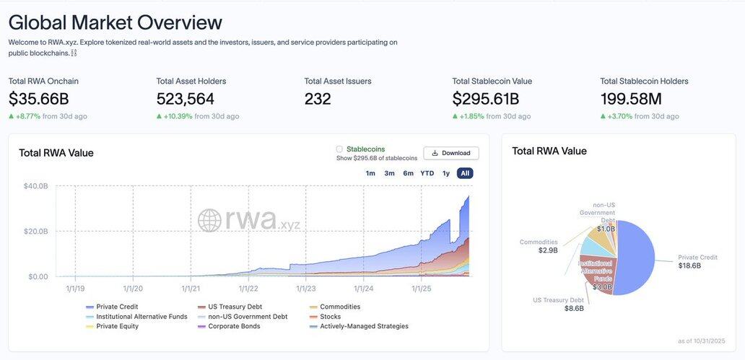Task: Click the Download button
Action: tap(450, 153)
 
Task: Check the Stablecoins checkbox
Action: tap(339, 149)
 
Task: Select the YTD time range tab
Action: tap(427, 173)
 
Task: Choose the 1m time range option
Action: tap(370, 173)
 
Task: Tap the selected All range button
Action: tap(465, 173)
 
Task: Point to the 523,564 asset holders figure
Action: tap(186, 99)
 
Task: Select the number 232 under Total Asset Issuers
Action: tap(318, 99)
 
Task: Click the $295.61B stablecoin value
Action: tap(486, 99)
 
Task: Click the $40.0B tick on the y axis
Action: tap(36, 186)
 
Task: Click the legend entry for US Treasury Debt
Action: tap(235, 307)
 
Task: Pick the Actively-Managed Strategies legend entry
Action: tap(364, 326)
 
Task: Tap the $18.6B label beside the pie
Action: tap(689, 266)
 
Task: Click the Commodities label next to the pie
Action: tap(539, 242)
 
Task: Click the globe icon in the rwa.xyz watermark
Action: tap(210, 221)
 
